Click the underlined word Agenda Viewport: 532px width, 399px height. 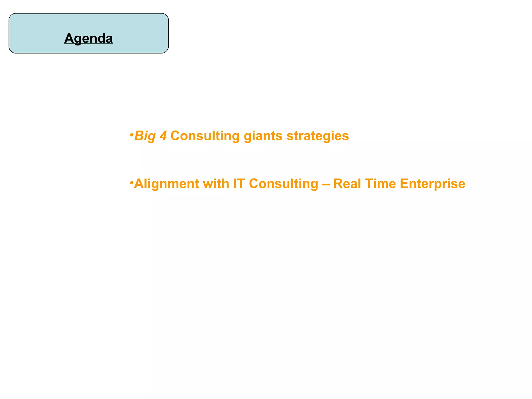tap(89, 38)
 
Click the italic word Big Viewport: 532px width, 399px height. tap(145, 136)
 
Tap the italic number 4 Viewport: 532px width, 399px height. tap(163, 136)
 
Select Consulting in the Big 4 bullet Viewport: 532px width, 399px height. tap(205, 136)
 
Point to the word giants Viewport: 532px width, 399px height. tap(263, 136)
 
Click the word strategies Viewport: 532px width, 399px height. tap(317, 136)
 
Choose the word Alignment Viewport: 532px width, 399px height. tap(167, 184)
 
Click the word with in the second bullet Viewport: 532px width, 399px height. tap(216, 184)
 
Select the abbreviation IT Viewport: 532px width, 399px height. tap(239, 184)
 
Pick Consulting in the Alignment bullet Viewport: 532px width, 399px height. tap(283, 184)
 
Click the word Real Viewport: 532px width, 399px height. tap(347, 184)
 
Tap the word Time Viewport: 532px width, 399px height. tap(380, 184)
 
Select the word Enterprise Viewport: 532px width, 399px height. tap(433, 184)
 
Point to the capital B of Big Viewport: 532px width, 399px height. tap(139, 136)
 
